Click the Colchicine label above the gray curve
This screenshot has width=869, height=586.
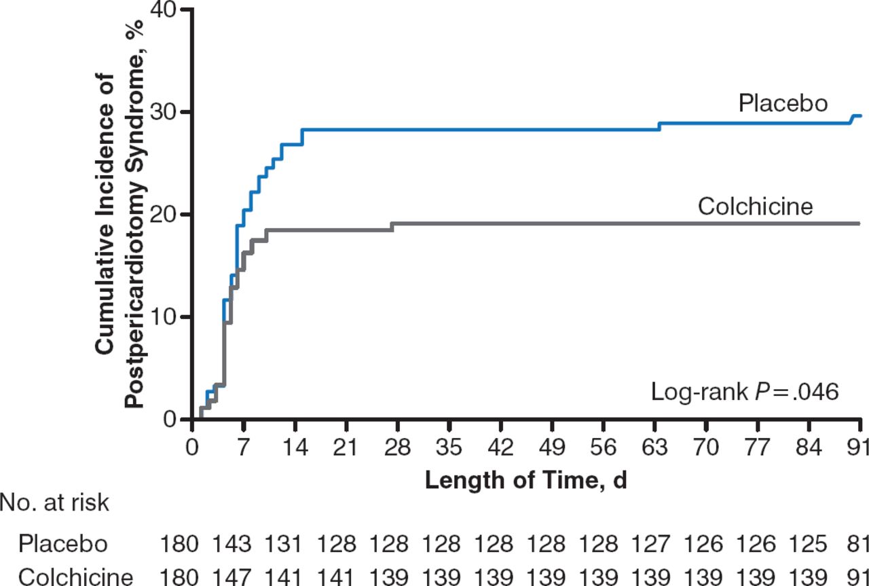755,206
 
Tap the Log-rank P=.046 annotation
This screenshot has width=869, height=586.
745,392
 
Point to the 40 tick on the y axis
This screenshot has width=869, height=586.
170,10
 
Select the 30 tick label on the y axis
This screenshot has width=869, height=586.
170,112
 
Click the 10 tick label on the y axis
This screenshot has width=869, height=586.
170,317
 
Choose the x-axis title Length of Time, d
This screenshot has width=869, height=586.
525,481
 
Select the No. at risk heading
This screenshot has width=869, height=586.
54,504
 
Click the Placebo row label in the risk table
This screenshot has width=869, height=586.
62,545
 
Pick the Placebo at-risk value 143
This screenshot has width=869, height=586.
231,545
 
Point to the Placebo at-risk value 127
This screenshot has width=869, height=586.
650,545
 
